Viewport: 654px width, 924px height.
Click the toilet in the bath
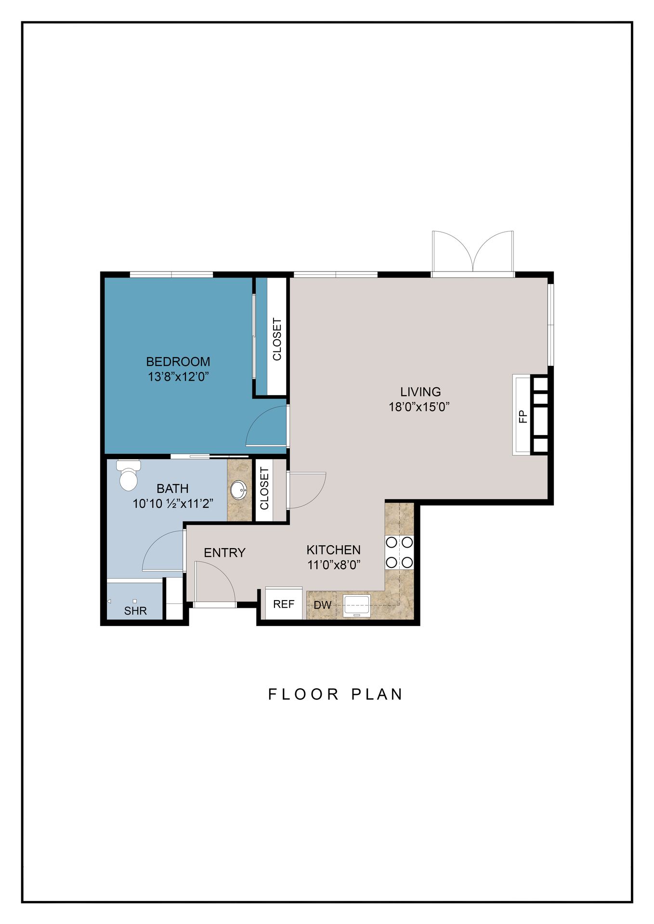coord(129,475)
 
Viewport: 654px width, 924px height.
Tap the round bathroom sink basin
coord(238,490)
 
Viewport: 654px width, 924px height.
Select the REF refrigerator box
coord(284,603)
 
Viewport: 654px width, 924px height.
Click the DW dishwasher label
coord(323,605)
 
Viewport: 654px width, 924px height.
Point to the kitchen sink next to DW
coord(356,605)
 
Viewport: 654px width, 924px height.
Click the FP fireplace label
coord(523,416)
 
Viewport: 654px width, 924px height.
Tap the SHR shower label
coord(135,611)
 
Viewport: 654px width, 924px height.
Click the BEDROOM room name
coord(178,361)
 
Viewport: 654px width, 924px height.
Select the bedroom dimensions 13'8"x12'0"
coord(178,376)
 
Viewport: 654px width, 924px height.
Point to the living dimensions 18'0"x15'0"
coord(419,407)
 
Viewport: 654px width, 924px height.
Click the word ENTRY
coord(224,552)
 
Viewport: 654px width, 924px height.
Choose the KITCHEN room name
coord(333,550)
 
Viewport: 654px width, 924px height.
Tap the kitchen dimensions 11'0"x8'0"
coord(334,565)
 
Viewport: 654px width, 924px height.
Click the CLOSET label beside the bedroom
coord(277,339)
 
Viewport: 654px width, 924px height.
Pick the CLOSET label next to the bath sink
coord(264,488)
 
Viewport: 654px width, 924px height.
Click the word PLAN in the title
coord(377,694)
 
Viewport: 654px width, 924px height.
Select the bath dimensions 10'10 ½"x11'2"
coord(173,503)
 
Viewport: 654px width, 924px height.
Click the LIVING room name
coord(420,392)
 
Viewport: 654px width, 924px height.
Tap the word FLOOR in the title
coord(304,694)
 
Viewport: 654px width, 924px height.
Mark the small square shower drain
coord(135,601)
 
